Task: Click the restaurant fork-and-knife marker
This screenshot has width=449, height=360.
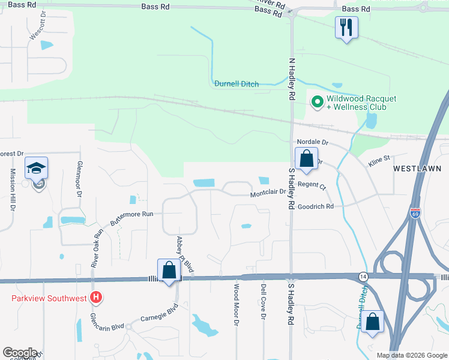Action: (346, 28)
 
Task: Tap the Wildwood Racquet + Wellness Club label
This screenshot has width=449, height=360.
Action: (356, 103)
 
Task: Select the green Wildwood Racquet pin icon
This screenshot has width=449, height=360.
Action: (316, 102)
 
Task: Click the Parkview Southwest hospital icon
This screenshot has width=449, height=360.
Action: (95, 297)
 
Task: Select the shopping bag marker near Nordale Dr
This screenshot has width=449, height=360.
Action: (306, 160)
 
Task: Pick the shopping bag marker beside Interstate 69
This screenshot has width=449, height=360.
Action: (373, 322)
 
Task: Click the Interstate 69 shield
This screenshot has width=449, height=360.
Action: (415, 212)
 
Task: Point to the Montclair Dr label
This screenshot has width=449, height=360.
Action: (270, 194)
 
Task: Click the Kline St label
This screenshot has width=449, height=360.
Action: (379, 158)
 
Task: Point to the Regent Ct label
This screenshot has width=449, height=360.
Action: (312, 186)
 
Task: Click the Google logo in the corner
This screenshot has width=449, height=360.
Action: (20, 353)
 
